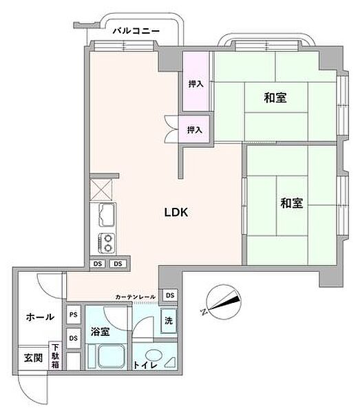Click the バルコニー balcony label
136,31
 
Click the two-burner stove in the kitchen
107,242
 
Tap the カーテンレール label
136,297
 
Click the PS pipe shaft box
73,315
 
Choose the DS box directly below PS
73,333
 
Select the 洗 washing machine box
168,319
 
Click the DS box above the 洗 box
170,295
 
